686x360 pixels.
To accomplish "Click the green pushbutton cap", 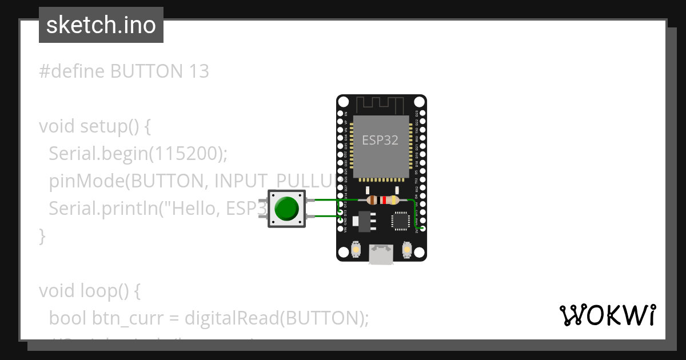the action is [x=287, y=208].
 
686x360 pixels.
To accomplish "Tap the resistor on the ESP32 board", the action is [x=382, y=200].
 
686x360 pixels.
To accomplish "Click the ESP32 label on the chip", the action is [x=380, y=140].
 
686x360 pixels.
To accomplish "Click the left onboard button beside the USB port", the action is [x=356, y=249].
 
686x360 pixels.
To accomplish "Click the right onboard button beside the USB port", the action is [x=407, y=249].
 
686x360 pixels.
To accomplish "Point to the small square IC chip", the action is [x=400, y=221].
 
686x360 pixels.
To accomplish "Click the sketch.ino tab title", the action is [x=101, y=25].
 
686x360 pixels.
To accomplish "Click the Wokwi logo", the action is [x=607, y=315].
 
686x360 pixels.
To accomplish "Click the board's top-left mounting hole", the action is [x=343, y=102].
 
